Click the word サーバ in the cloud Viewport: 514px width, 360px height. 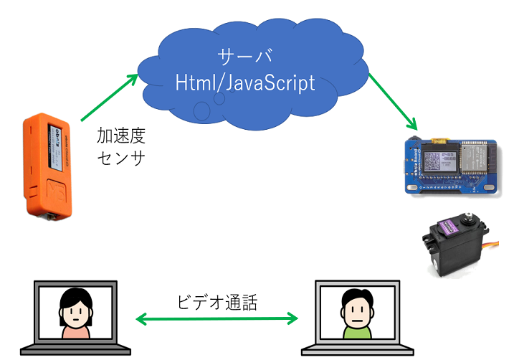click(245, 57)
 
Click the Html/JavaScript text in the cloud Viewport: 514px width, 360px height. click(245, 82)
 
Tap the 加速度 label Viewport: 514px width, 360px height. click(121, 136)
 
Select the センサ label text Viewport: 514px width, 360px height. click(121, 158)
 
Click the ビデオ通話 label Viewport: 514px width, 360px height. click(217, 302)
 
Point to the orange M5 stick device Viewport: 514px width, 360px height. click(47, 166)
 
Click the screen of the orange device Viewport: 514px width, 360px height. click(54, 148)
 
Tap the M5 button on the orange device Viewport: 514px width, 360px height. click(56, 191)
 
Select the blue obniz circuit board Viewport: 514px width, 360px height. click(453, 166)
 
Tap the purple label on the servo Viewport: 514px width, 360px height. click(448, 227)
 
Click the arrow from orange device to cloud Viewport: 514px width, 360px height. click(110, 98)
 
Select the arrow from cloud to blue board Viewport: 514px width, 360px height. click(393, 102)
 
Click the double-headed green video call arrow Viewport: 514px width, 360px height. click(217, 318)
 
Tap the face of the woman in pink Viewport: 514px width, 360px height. click(76, 314)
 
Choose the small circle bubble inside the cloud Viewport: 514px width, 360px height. click(219, 98)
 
